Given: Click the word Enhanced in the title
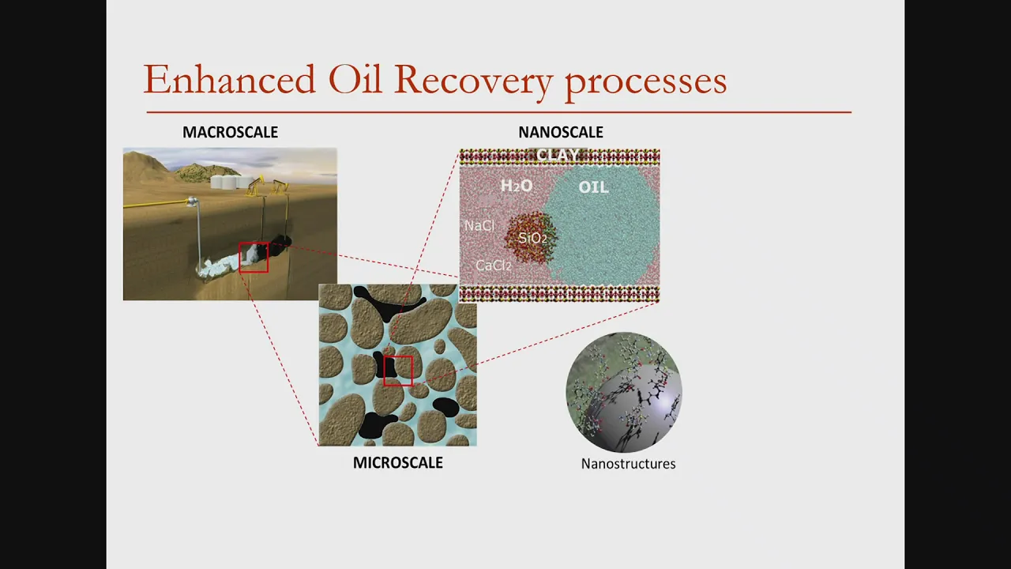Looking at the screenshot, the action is [x=229, y=79].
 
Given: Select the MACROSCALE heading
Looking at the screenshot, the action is [x=230, y=132].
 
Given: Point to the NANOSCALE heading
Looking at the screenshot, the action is [x=561, y=132].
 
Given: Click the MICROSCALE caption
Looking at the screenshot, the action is [x=397, y=462].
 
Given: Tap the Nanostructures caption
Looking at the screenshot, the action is [x=628, y=464].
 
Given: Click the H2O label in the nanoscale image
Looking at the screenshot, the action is [x=517, y=186].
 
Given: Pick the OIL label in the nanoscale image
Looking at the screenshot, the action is [x=593, y=187].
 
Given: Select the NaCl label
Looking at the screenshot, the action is [x=479, y=226].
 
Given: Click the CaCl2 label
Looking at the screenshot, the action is [x=494, y=266].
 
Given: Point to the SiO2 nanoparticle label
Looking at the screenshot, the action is [x=532, y=238].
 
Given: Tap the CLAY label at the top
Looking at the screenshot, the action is [x=558, y=155].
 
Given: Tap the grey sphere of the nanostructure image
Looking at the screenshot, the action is [x=632, y=406].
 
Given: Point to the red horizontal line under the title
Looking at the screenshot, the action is [x=499, y=112].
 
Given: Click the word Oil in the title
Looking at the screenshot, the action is [x=355, y=79].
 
